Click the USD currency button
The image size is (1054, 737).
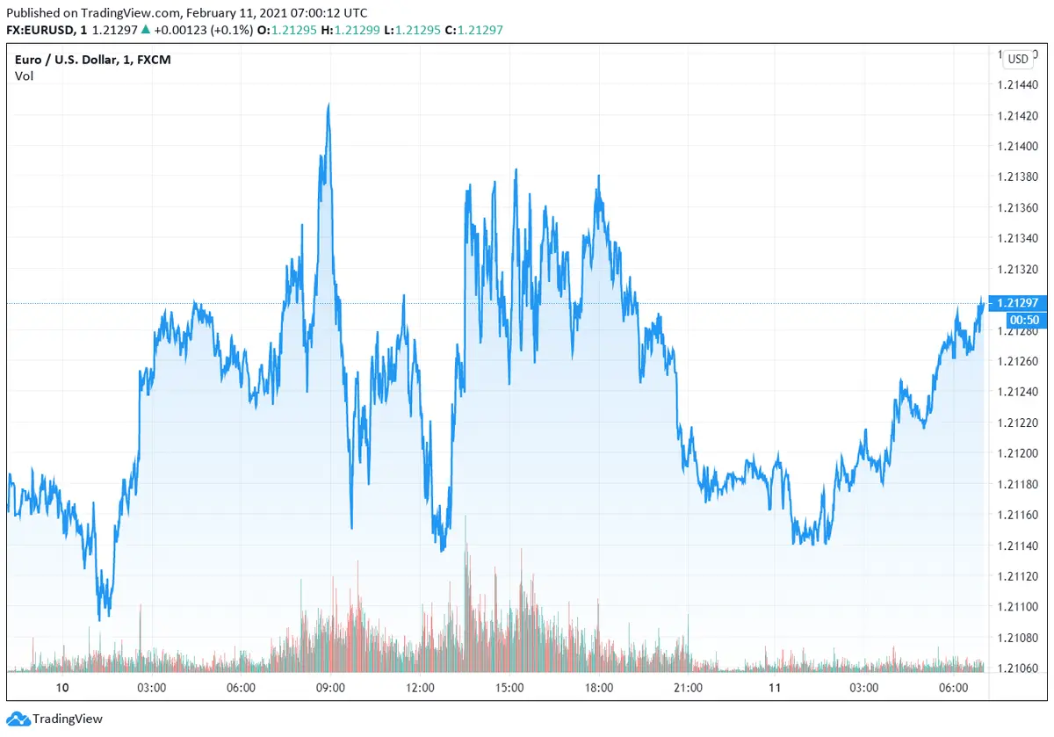point(1018,60)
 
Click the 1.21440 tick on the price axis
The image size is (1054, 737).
point(1017,85)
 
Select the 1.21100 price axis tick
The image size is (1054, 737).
point(1017,607)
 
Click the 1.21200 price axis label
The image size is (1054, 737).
point(1017,453)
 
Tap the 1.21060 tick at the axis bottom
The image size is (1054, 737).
point(1017,668)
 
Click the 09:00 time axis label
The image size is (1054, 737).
point(330,687)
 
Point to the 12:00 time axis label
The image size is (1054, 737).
point(421,687)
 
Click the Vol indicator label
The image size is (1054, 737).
point(24,76)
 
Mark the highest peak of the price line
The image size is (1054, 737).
point(328,104)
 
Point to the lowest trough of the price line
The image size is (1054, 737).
point(99,619)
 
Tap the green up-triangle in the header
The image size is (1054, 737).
point(145,30)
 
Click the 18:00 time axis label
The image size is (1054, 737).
point(598,687)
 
